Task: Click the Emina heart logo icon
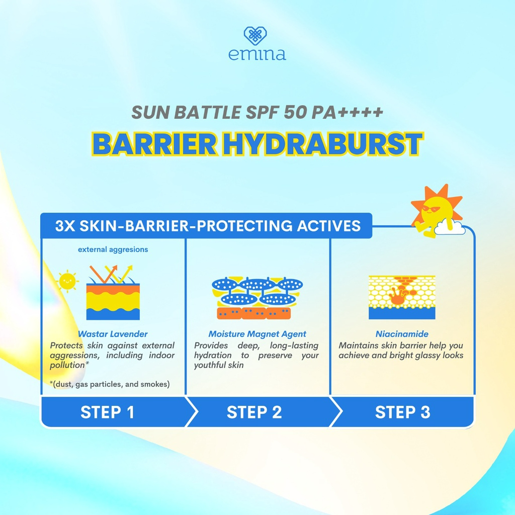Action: click(x=255, y=36)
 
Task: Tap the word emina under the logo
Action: click(x=257, y=54)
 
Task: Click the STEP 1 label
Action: click(x=107, y=412)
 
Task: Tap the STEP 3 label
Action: click(x=402, y=412)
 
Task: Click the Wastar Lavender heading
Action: click(x=113, y=334)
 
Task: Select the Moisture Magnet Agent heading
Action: click(x=257, y=334)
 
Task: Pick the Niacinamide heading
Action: click(x=402, y=334)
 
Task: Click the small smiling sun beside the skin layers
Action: click(x=67, y=282)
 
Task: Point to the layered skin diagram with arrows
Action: click(x=113, y=293)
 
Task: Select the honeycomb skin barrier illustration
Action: click(x=402, y=297)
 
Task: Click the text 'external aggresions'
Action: click(x=113, y=249)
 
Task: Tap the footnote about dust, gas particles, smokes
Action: click(x=110, y=385)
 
